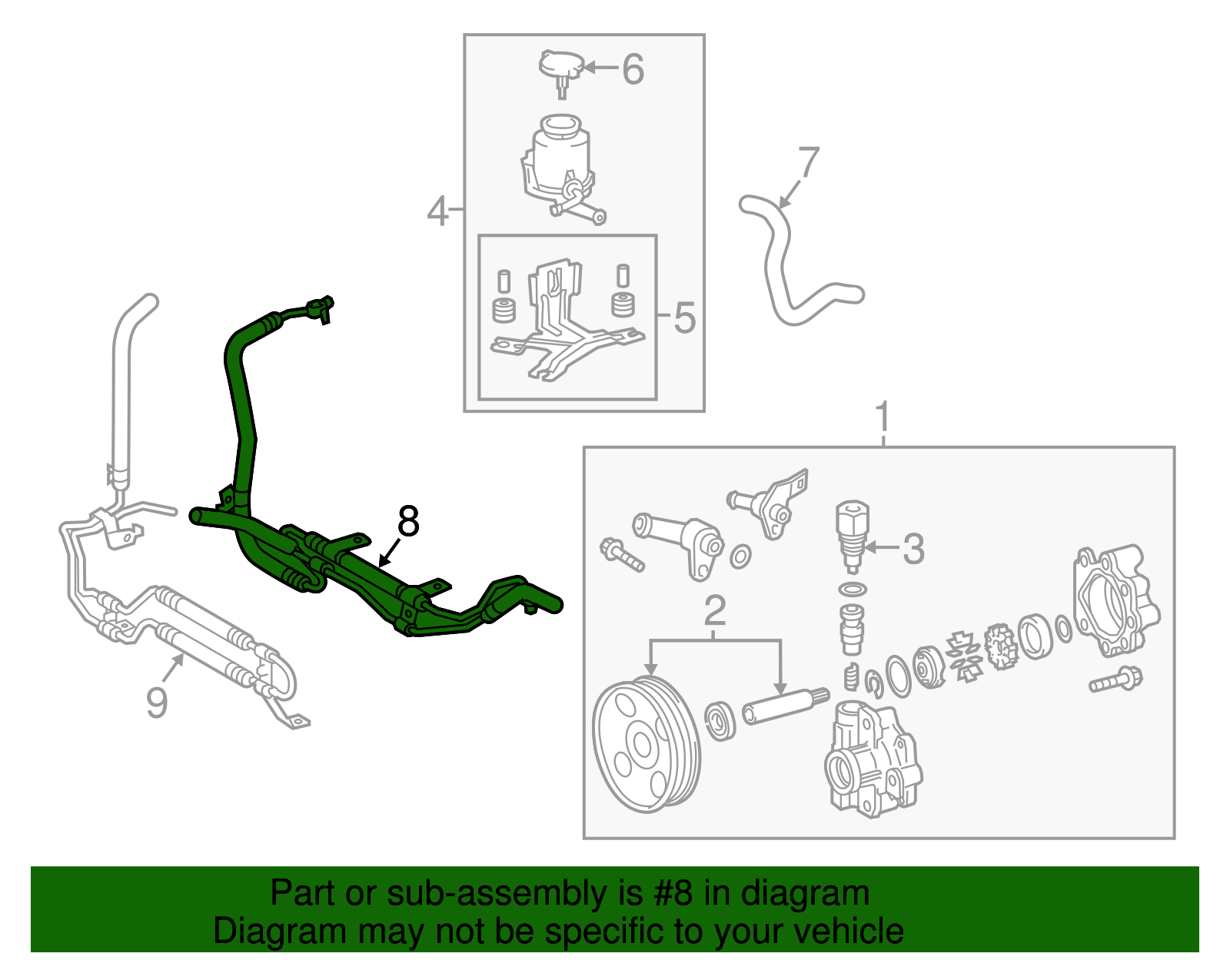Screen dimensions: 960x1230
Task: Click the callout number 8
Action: tap(408, 522)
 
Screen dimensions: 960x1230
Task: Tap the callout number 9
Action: tap(157, 702)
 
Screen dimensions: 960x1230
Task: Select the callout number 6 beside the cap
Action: tap(632, 69)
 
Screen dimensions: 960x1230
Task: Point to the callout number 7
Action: tap(809, 163)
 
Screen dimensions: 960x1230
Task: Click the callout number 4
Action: tap(437, 211)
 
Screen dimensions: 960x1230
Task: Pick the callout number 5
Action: tap(684, 317)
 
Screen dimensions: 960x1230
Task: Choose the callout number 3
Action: tap(913, 549)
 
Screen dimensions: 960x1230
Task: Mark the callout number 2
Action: tap(715, 611)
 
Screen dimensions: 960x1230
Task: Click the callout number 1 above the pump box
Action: tap(883, 417)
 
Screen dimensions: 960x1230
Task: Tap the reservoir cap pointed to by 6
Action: tap(562, 66)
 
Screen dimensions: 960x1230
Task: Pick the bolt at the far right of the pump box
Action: tap(1115, 680)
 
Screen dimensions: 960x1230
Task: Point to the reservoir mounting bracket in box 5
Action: tap(563, 323)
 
